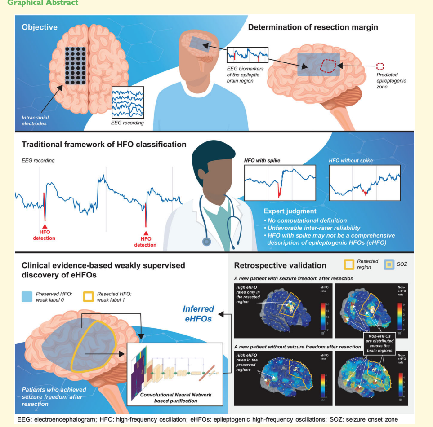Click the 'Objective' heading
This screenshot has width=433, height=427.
tap(40, 27)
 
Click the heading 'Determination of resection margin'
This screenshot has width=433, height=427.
tap(313, 27)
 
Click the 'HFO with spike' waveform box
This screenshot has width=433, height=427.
tap(280, 182)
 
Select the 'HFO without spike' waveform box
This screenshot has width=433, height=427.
tap(365, 182)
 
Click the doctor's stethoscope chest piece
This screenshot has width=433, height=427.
tap(206, 241)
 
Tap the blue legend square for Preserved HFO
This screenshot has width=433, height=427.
tap(28, 297)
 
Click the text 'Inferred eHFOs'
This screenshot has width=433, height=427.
tap(199, 314)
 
